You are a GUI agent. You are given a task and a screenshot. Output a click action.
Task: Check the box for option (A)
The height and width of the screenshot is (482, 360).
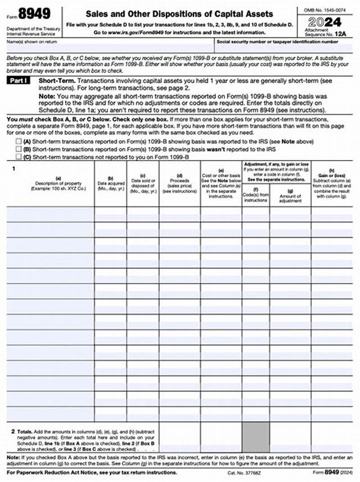coord(18,141)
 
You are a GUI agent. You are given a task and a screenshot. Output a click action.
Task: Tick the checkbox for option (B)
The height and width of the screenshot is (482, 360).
coord(18,149)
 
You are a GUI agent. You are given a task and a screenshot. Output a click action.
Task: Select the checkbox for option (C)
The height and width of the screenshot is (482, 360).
coord(18,156)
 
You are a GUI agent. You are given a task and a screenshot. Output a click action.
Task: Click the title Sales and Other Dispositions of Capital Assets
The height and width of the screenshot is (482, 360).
coord(179,14)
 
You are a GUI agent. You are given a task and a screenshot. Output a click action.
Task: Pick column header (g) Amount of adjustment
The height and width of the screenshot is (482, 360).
coord(290,196)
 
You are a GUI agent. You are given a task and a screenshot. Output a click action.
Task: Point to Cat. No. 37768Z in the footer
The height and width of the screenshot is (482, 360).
coord(244,473)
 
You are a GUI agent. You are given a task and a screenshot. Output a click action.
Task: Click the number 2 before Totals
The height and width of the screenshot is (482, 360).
coord(13,431)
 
